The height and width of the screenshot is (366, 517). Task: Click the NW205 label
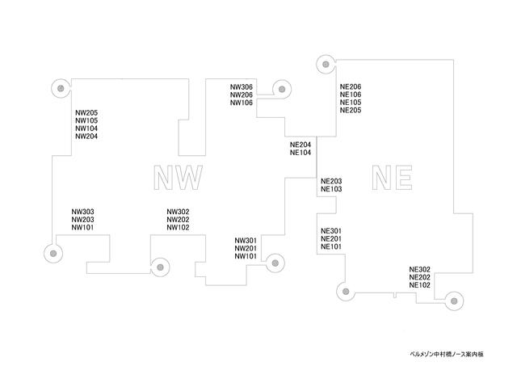(x=86, y=112)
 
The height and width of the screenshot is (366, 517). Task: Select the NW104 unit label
(x=86, y=128)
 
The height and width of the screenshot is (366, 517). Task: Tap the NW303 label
(x=83, y=212)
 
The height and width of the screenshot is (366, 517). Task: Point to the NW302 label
(x=178, y=212)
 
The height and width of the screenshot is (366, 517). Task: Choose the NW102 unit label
(x=178, y=228)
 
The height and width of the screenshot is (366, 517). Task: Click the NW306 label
(x=242, y=86)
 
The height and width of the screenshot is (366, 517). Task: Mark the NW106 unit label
(x=242, y=103)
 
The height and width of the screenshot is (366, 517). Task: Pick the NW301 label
(x=246, y=241)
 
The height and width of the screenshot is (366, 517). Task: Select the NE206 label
(x=351, y=86)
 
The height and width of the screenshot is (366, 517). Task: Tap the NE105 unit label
(x=351, y=103)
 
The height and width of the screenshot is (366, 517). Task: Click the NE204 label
(x=301, y=145)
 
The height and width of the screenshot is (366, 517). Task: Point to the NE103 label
(x=331, y=189)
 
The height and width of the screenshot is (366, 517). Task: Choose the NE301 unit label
(x=331, y=230)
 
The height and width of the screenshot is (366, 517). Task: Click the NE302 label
(x=420, y=269)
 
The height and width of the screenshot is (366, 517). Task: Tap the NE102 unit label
(x=420, y=285)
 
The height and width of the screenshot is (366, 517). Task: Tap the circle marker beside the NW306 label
(x=280, y=90)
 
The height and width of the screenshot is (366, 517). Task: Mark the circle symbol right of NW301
(x=275, y=261)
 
